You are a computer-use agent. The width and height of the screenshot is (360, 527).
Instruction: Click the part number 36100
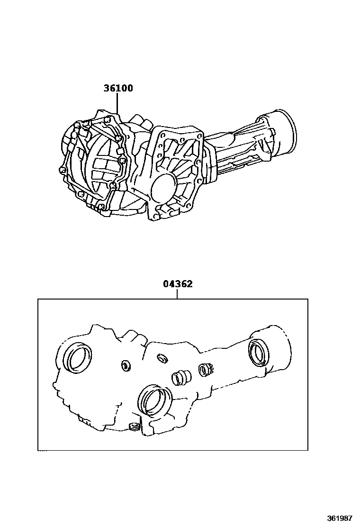(x=118, y=88)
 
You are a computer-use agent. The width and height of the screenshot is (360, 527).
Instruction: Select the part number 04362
(x=178, y=284)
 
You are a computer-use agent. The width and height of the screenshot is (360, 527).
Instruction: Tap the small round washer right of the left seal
(x=126, y=365)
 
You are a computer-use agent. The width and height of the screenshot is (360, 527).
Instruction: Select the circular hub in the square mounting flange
(x=164, y=187)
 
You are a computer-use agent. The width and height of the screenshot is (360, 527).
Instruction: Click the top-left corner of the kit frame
(x=38, y=299)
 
